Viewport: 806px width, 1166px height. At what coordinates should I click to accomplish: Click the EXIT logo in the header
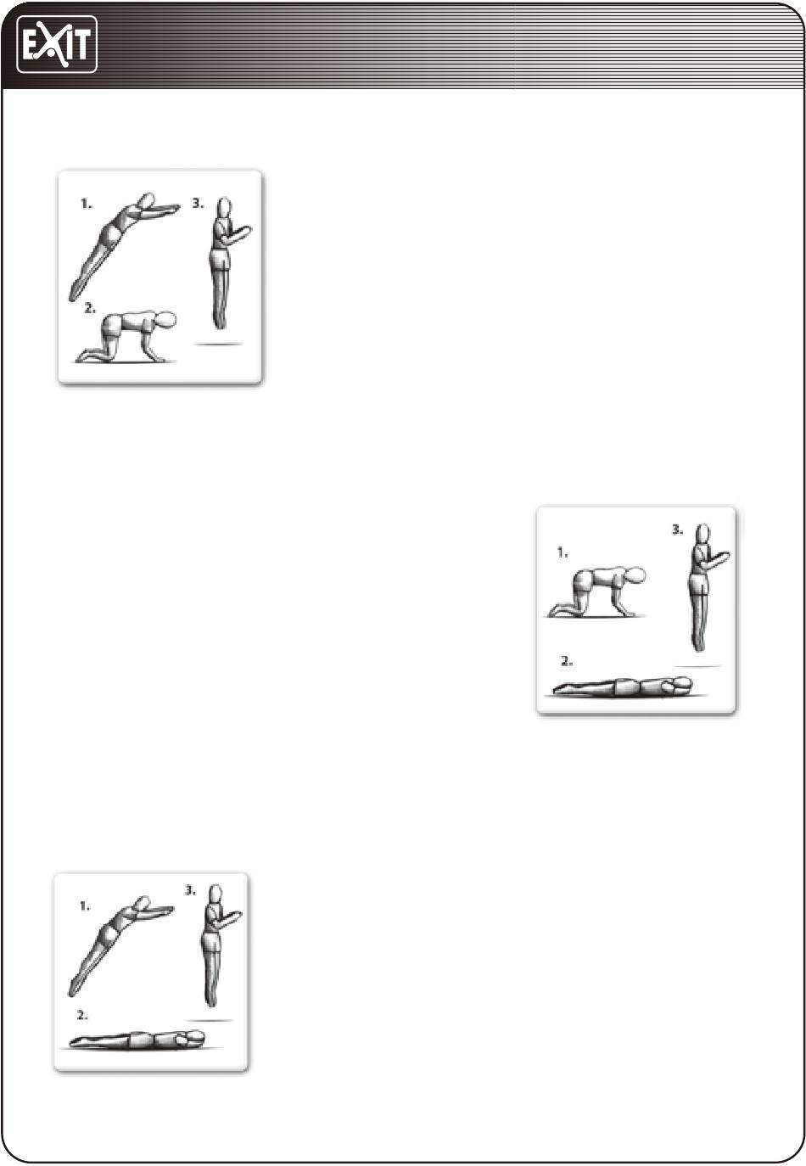(57, 44)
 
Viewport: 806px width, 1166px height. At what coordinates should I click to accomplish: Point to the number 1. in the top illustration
(87, 204)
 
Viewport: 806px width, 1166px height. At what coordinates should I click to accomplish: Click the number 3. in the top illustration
(199, 204)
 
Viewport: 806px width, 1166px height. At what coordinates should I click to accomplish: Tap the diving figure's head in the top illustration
(148, 200)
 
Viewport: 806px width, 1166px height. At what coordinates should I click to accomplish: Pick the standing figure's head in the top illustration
(224, 206)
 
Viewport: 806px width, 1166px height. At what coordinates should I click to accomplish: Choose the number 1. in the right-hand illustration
(563, 553)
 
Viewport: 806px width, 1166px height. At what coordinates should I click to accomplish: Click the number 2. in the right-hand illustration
(567, 662)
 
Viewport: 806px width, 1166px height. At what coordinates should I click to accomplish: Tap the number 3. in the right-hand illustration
(677, 530)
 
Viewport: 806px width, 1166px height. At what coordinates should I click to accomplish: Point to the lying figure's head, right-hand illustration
(683, 683)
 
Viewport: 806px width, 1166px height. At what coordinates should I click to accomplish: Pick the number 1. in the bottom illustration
(85, 906)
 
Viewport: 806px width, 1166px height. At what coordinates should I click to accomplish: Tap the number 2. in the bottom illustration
(82, 1015)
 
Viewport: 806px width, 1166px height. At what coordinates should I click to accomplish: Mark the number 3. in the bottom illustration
(190, 891)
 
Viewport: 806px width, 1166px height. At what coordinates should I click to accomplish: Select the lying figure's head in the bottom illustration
(195, 1036)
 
